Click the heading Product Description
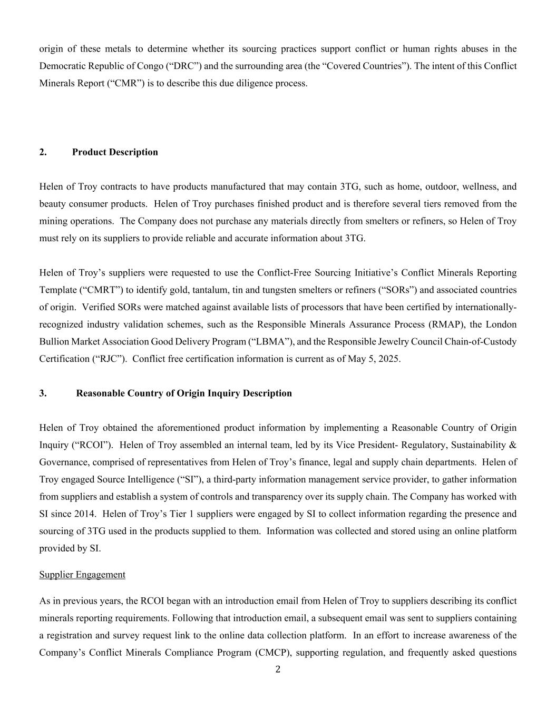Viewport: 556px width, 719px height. click(115, 152)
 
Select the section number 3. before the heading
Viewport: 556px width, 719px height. click(43, 393)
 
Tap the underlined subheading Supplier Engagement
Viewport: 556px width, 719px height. click(82, 575)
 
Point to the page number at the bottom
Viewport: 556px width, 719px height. click(278, 670)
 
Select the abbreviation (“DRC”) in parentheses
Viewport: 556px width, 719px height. click(184, 66)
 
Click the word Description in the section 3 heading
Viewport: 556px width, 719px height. click(267, 393)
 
